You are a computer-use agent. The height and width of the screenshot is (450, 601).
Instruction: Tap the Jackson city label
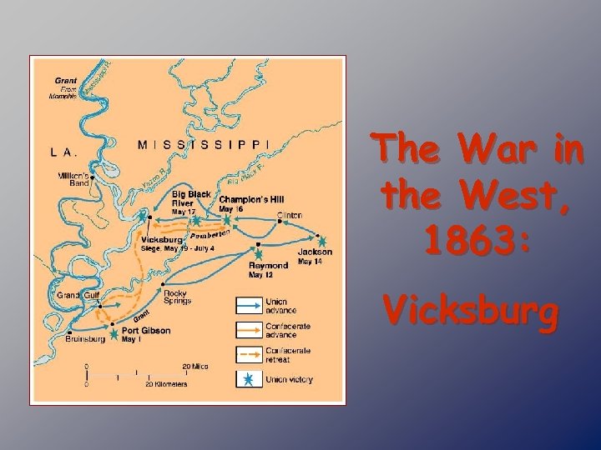(x=315, y=252)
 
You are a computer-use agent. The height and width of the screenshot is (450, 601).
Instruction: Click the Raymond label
(x=268, y=265)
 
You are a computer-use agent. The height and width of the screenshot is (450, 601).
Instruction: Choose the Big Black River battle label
(x=191, y=198)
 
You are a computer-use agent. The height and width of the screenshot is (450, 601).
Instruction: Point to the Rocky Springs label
(x=177, y=297)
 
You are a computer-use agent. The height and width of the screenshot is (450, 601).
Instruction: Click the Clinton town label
(x=290, y=215)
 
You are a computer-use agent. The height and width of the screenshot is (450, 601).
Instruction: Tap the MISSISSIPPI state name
(x=204, y=143)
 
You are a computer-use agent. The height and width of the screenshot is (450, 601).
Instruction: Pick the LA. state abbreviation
(x=64, y=152)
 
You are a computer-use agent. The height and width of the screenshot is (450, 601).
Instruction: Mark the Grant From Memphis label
(x=63, y=88)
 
